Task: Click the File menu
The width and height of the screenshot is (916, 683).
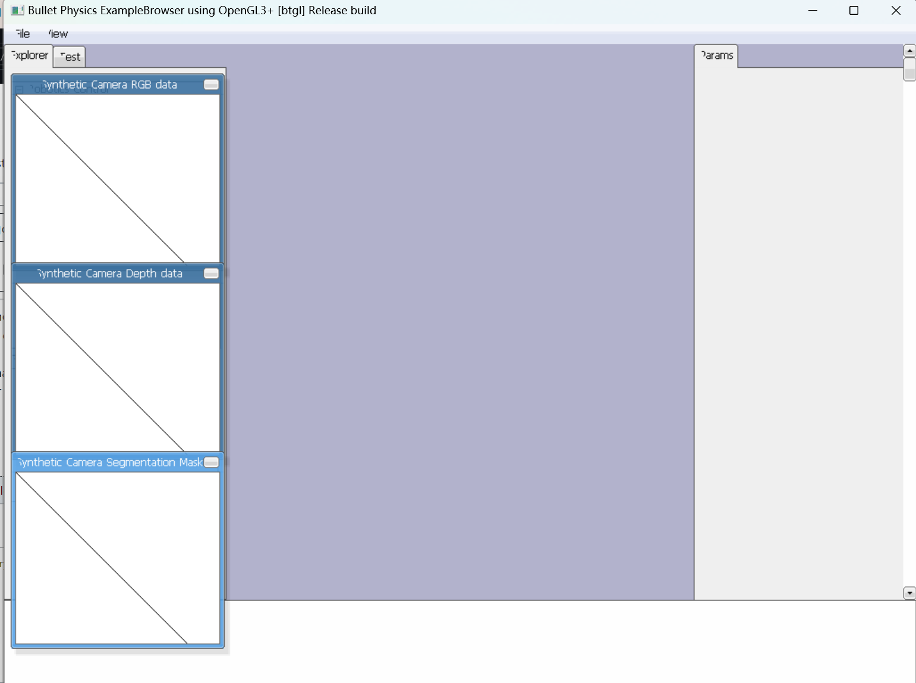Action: (23, 34)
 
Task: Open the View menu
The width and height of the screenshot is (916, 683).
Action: (58, 34)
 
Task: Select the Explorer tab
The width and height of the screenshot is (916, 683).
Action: (29, 55)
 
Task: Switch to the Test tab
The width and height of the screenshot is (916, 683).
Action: (70, 57)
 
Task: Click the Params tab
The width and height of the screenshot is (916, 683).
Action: (716, 55)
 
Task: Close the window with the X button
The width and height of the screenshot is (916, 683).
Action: (896, 11)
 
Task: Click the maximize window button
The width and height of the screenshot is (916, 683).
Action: (854, 11)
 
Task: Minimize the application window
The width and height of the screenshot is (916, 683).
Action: (813, 11)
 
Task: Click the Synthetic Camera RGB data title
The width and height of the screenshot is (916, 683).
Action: (109, 84)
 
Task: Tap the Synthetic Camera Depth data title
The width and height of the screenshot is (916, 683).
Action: (109, 273)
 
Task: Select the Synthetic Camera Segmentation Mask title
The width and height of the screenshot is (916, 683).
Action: (109, 462)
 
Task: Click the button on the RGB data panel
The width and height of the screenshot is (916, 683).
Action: (211, 84)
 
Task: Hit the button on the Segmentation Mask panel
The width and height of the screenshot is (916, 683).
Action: (211, 462)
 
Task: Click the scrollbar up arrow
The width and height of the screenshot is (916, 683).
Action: (909, 51)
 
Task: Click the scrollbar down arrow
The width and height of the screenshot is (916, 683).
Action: (909, 593)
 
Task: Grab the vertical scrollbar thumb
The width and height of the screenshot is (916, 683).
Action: (909, 69)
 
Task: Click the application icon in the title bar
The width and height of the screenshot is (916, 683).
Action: (17, 11)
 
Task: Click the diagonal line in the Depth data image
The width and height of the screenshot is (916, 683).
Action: (100, 368)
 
